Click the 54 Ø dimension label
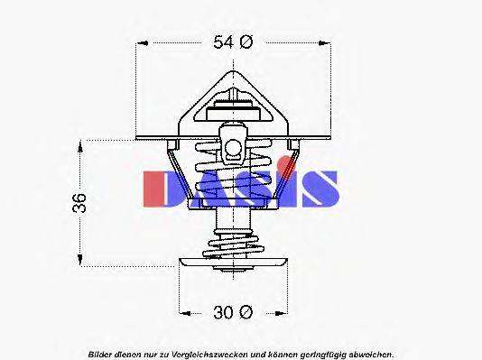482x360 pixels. (x=236, y=42)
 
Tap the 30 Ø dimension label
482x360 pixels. (x=233, y=312)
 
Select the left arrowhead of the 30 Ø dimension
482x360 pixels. (x=184, y=312)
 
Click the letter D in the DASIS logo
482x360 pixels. (x=159, y=188)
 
